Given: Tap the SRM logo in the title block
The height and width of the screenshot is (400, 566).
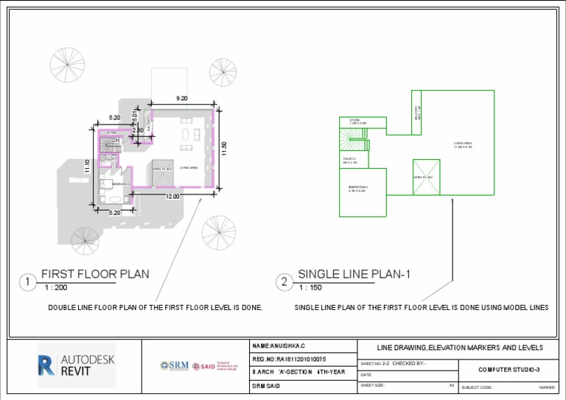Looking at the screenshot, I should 175,365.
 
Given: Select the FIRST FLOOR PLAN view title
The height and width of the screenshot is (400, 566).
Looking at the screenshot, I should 94,274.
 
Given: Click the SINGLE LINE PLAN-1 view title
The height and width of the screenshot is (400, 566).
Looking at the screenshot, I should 353,274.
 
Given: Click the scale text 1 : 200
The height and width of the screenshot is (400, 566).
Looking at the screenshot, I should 56,288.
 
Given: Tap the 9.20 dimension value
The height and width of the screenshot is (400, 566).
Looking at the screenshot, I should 181,98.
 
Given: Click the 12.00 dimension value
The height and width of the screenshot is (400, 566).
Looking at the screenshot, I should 172,197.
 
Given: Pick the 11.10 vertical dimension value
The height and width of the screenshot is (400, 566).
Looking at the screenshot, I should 87,167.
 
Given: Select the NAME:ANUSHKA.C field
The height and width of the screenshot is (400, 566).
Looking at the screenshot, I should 279,345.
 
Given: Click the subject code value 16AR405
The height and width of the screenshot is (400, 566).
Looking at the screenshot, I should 546,387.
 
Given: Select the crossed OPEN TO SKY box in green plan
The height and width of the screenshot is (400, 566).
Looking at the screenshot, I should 426,178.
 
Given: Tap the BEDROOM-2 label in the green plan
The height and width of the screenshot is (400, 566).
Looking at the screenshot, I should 357,189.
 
